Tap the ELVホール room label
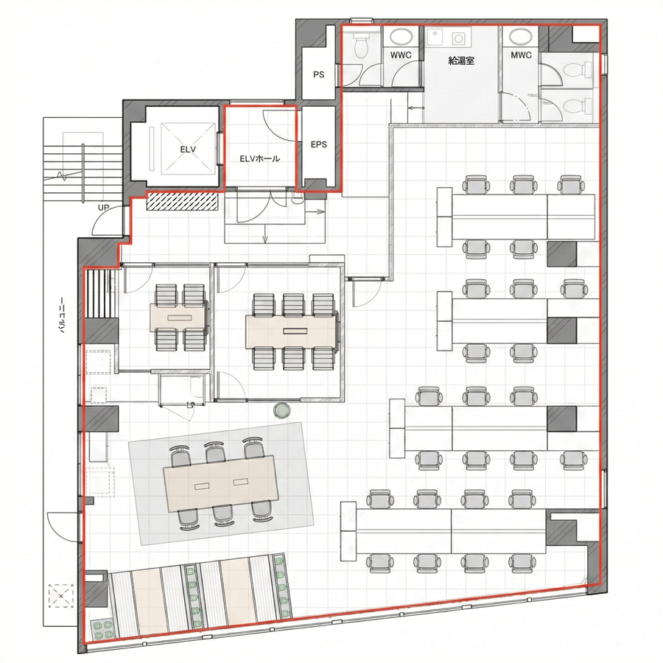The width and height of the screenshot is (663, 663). [259, 158]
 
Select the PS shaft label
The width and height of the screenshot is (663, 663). [319, 74]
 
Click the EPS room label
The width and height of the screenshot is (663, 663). [319, 144]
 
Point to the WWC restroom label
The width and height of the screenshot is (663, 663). [401, 56]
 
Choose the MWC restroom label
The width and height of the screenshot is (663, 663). [521, 56]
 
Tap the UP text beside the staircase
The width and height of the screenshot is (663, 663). [104, 208]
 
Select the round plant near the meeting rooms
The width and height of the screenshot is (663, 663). [282, 410]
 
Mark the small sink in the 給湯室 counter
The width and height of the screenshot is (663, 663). [459, 36]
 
